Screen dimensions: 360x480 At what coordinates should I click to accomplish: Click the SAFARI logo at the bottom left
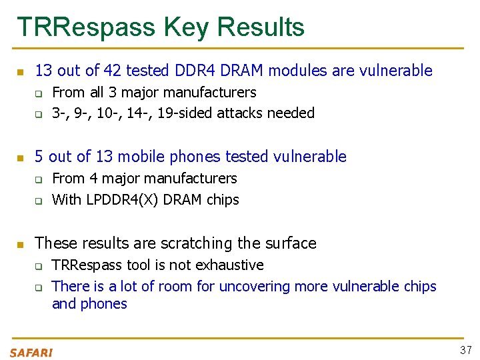click(x=31, y=353)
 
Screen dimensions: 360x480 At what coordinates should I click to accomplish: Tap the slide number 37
click(x=465, y=350)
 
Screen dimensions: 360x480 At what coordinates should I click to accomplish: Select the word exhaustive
click(x=229, y=265)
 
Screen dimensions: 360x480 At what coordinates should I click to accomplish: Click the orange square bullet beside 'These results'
click(x=21, y=244)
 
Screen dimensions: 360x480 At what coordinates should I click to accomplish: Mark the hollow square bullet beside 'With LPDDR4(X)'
click(x=39, y=201)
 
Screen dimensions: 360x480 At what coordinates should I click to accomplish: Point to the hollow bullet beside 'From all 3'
click(x=39, y=93)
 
